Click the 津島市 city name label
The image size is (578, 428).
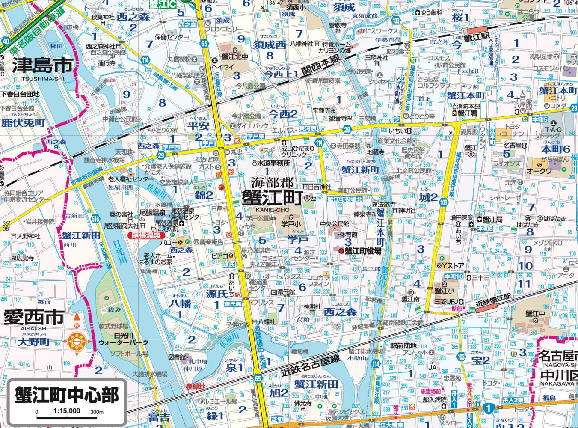(x=42, y=66)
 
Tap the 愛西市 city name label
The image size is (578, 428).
(x=33, y=318)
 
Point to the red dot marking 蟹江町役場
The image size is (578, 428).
(x=341, y=251)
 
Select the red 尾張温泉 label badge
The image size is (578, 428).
(x=146, y=235)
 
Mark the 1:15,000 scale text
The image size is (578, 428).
(x=67, y=411)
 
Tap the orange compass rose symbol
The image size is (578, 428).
(x=77, y=341)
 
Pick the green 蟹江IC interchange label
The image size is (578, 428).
(x=163, y=4)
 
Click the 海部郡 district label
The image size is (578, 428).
(x=272, y=183)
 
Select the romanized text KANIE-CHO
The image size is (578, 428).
(x=272, y=210)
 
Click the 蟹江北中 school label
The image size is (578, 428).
(x=232, y=56)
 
